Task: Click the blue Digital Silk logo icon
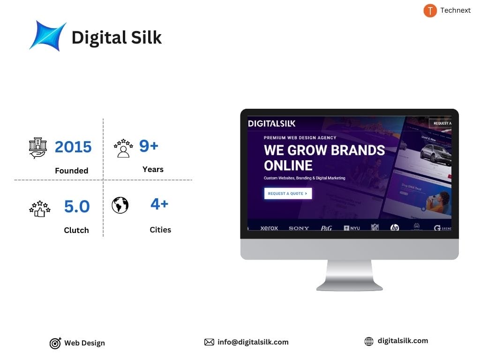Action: pos(47,36)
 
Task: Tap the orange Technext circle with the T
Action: pos(430,11)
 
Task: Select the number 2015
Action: pos(73,147)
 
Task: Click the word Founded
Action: pos(71,171)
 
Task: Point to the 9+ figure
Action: pos(149,146)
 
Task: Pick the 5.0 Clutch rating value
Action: pos(77,206)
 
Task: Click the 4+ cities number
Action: pos(159,204)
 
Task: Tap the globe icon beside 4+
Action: pos(120,205)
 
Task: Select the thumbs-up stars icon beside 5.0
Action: pos(39,209)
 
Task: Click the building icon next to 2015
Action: pos(38,148)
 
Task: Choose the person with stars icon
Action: pos(123,148)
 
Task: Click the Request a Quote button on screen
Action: pos(288,193)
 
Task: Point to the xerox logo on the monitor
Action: pos(269,228)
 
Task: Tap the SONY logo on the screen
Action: pos(299,228)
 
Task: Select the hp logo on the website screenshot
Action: pos(395,228)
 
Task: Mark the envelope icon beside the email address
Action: pos(209,342)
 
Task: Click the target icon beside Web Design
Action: pos(55,344)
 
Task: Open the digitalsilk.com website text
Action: pos(403,341)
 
